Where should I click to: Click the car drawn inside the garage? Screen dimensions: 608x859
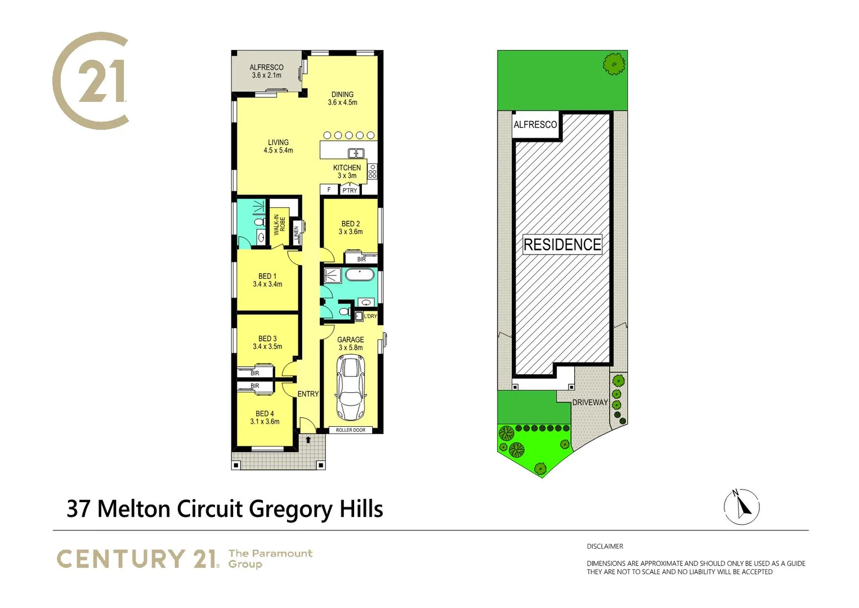350,388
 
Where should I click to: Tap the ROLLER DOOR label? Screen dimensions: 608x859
350,430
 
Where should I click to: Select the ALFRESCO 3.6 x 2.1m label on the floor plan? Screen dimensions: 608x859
266,71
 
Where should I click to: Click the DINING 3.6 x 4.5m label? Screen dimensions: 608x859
342,99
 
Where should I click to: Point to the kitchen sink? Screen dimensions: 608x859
356,153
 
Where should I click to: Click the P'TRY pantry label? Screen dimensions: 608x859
350,190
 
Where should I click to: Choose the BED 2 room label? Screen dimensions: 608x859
350,227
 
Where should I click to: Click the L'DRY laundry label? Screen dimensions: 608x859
370,316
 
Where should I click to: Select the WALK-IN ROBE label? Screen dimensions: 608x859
279,225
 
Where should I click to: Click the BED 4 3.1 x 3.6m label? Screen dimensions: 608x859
265,418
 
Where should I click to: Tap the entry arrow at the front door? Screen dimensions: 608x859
308,440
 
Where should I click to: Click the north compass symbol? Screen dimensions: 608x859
741,507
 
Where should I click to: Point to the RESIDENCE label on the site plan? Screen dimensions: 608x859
562,245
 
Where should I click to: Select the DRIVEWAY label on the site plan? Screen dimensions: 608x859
590,403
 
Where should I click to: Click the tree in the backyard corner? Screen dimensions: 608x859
614,64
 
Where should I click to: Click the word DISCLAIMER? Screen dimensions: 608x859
605,546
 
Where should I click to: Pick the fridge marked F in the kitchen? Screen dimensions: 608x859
329,190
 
